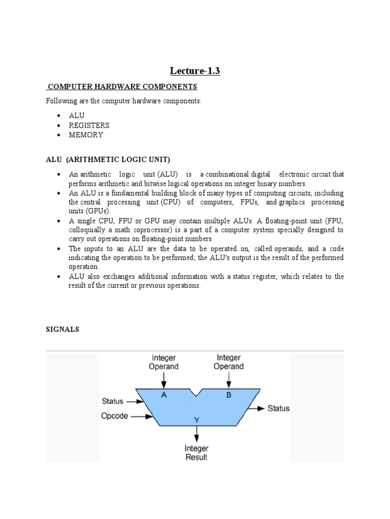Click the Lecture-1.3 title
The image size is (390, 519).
pos(194,71)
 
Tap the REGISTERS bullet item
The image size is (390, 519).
pos(89,125)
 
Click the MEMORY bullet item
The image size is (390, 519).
pos(86,135)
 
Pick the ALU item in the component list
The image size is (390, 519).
pos(77,116)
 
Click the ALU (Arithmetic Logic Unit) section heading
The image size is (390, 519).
pos(108,160)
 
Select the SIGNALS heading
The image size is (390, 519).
pos(62,329)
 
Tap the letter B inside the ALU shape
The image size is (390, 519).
pos(229,395)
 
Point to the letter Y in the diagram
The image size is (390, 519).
pos(196,419)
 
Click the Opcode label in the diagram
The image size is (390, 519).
pos(115,417)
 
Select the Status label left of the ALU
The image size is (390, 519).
pos(112,401)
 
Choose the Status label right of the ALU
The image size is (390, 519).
pos(279,409)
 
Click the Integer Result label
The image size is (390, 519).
pos(196,453)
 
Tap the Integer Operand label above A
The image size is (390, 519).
pos(164,362)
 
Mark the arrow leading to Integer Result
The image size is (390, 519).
pos(196,433)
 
